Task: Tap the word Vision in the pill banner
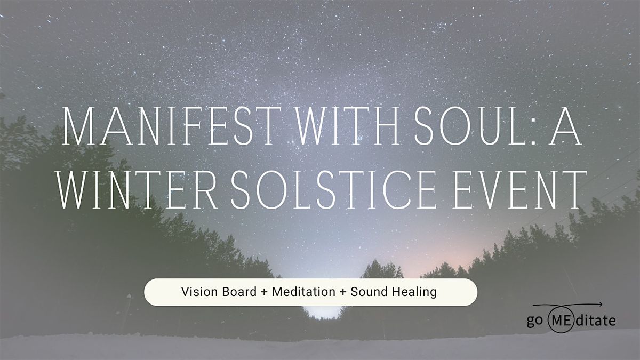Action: point(196,292)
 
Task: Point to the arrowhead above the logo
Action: point(600,305)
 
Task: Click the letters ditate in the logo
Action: point(596,321)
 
